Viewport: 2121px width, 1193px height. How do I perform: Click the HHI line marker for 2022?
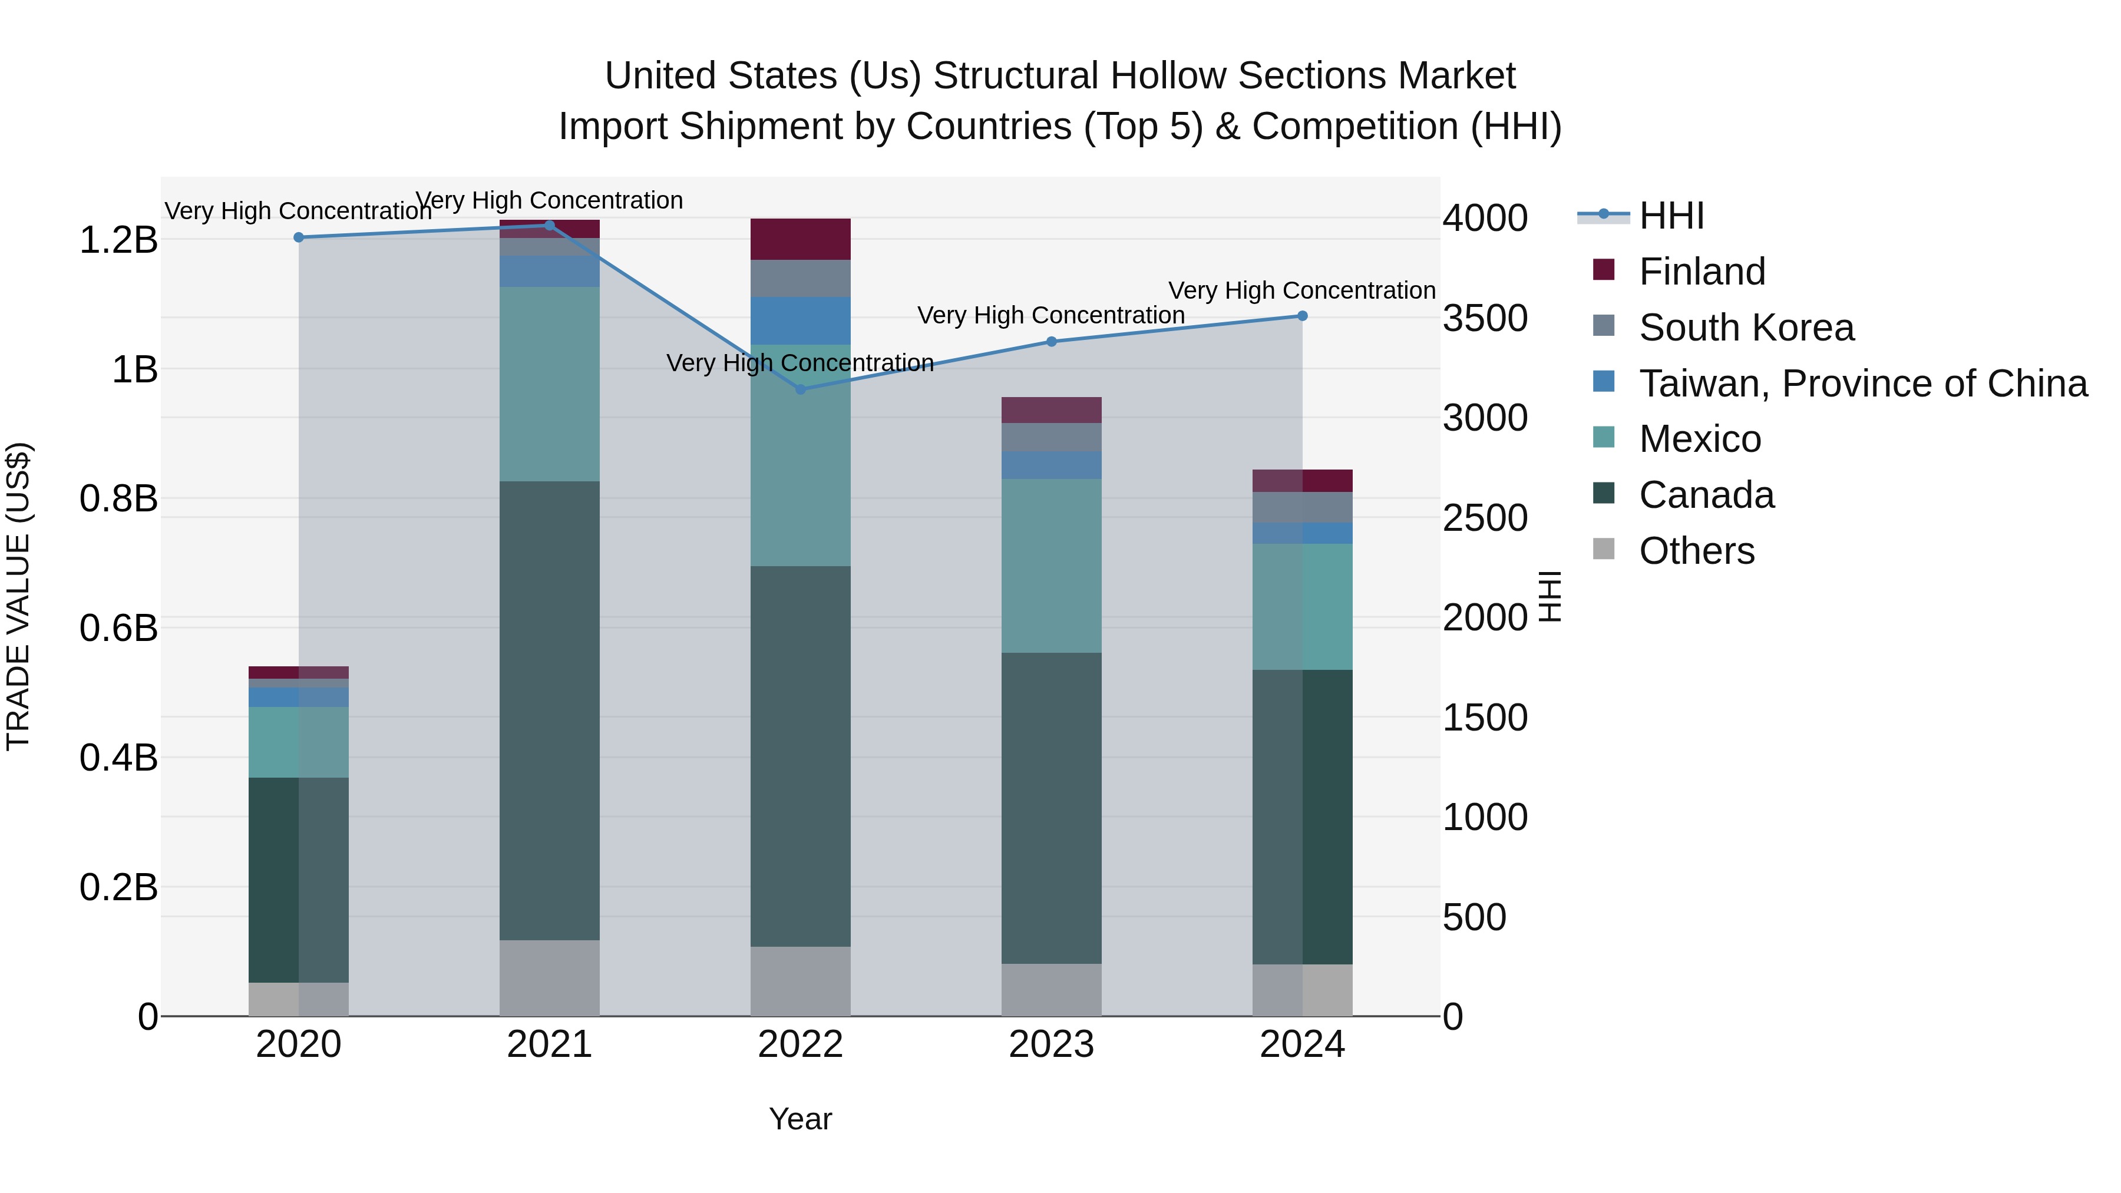800,389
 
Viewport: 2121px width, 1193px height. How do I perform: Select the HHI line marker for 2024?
1303,316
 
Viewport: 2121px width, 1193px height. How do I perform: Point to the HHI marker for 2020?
299,238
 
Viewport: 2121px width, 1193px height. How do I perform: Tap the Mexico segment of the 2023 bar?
1052,566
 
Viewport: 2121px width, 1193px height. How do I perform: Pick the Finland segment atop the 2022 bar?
800,240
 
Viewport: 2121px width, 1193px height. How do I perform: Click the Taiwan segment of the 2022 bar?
800,321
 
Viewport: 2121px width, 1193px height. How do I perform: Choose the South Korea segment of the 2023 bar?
1052,437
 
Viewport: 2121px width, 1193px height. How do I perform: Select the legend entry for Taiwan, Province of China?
1862,384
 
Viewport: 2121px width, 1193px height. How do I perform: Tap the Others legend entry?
1696,551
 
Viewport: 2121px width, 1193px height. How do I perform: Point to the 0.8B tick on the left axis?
118,499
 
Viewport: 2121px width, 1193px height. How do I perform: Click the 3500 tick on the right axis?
1485,319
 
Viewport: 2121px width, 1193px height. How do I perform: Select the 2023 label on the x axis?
1052,1045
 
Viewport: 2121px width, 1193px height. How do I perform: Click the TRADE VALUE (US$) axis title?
18,596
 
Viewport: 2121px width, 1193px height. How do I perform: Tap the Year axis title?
800,1119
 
